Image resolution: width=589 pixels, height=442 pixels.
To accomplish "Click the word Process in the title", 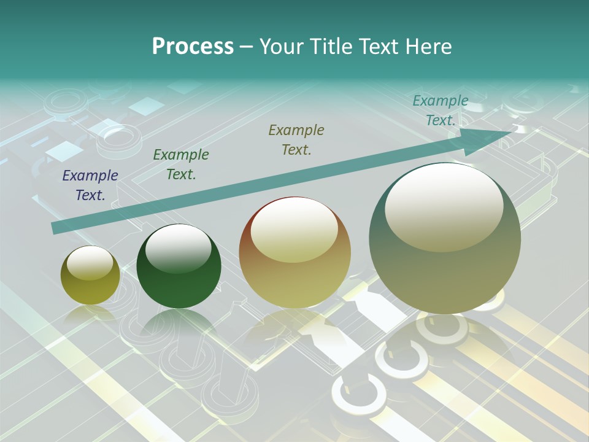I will [x=193, y=47].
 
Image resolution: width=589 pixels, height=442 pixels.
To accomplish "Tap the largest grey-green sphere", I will [x=445, y=270].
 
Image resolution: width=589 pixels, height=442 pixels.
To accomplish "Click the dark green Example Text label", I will [x=181, y=165].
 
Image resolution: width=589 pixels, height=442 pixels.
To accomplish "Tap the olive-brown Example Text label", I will [x=296, y=139].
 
